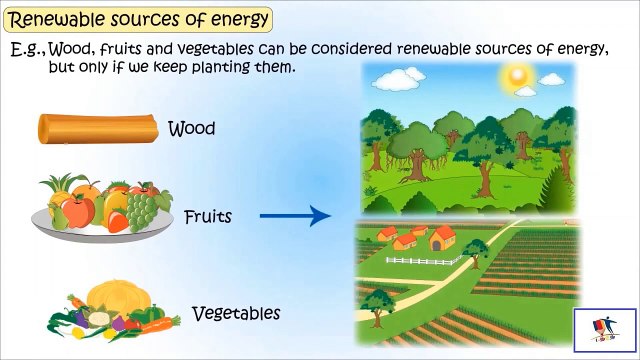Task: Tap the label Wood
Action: (192, 129)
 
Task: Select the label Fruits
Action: (208, 215)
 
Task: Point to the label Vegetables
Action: (235, 313)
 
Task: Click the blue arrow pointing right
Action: (295, 215)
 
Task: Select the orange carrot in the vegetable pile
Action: (150, 322)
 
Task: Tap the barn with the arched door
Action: (441, 238)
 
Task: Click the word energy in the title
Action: (237, 19)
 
